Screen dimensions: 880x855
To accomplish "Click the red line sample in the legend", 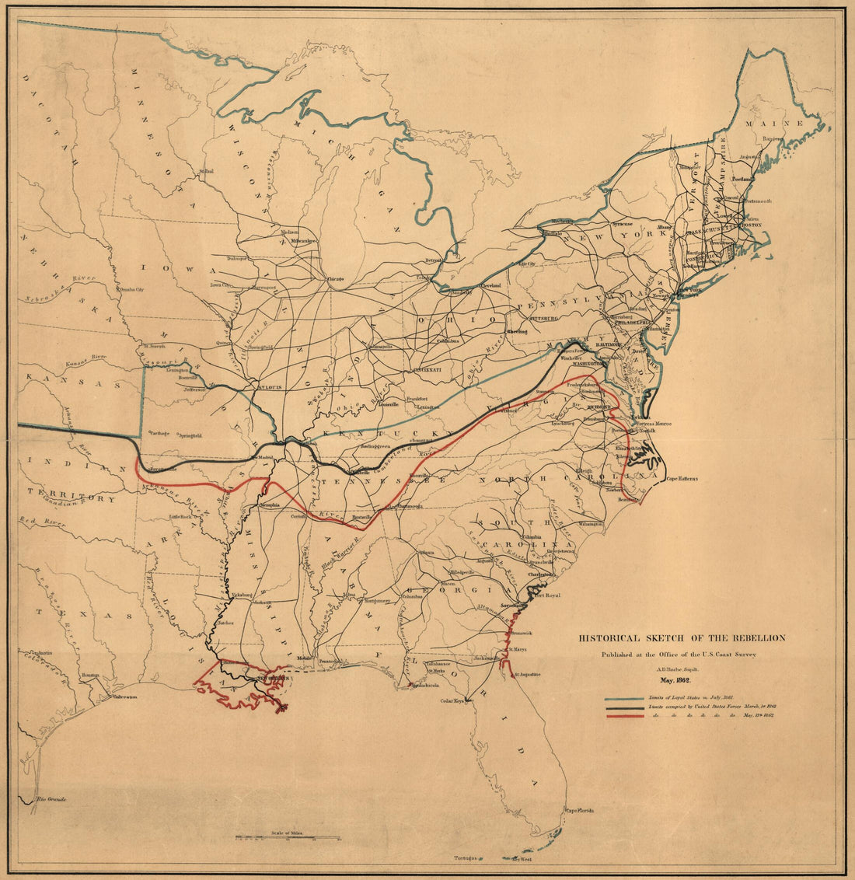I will pyautogui.click(x=624, y=715).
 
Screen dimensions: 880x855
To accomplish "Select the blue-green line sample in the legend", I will pyautogui.click(x=624, y=699).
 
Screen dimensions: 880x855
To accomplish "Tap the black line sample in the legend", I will pyautogui.click(x=624, y=707).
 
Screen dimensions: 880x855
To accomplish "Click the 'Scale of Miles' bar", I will pyautogui.click(x=275, y=838).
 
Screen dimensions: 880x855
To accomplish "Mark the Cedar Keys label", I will pyautogui.click(x=452, y=700).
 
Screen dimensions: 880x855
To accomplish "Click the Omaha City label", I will pyautogui.click(x=130, y=290).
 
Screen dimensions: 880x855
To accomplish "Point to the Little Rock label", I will pyautogui.click(x=180, y=516).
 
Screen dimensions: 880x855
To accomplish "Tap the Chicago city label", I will pyautogui.click(x=335, y=278).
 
